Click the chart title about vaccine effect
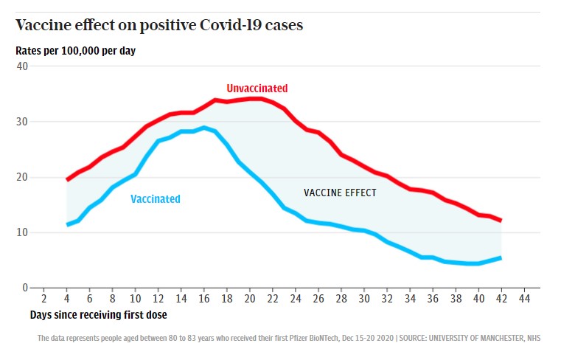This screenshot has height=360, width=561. (x=159, y=25)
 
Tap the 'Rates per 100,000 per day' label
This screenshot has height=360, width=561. (x=75, y=51)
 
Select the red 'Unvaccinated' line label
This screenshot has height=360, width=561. (x=257, y=89)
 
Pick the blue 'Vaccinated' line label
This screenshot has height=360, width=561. (x=156, y=198)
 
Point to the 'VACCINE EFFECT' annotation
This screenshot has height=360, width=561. (x=340, y=193)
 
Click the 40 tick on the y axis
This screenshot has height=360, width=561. (x=22, y=66)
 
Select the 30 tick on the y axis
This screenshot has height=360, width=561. (x=22, y=122)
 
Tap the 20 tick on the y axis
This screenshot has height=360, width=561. (x=22, y=177)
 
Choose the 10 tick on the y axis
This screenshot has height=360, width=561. (x=22, y=232)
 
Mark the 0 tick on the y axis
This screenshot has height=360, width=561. (x=25, y=288)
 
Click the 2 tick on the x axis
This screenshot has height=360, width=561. (x=43, y=299)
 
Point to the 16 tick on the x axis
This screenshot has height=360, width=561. (x=204, y=299)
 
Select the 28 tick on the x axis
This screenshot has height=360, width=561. (x=341, y=299)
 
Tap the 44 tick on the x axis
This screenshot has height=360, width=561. (x=525, y=299)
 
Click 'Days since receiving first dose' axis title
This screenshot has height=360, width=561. (x=98, y=315)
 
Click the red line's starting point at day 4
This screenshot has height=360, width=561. (x=67, y=179)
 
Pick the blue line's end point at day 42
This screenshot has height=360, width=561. (x=501, y=257)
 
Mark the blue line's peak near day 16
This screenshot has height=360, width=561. (x=204, y=128)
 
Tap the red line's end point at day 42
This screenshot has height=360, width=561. (x=501, y=220)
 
